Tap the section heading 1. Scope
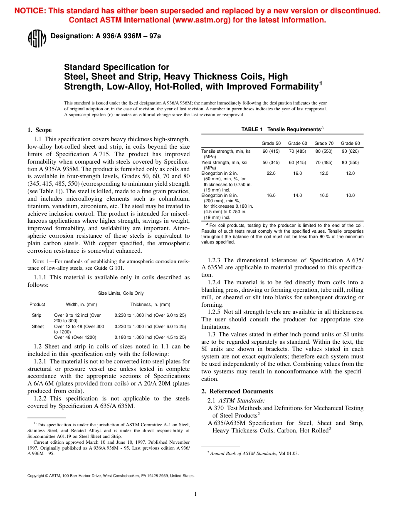tap(39, 130)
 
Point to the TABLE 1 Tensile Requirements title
tap(282, 129)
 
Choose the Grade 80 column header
tap(350, 144)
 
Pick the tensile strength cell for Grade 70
tap(324, 151)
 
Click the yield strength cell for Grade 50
tap(271, 162)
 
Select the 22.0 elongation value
tap(271, 173)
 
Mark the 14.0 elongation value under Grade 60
tap(298, 195)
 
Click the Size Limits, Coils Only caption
tap(121, 293)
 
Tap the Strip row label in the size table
tap(37, 316)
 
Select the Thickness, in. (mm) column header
tap(150, 304)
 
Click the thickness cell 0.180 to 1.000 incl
tap(150, 337)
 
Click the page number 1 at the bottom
tap(195, 494)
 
